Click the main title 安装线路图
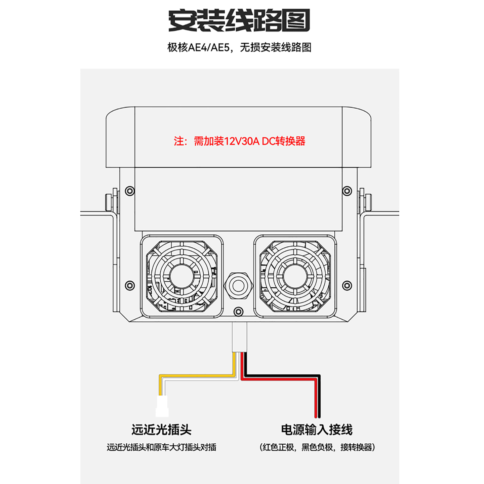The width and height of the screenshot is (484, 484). tap(239, 21)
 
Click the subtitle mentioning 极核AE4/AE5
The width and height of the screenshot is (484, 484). tap(239, 47)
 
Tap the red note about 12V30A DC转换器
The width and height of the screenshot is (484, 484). tap(239, 141)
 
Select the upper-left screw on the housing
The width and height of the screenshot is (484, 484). tap(130, 191)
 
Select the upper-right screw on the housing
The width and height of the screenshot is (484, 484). tap(347, 191)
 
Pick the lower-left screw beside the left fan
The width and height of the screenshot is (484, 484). tap(130, 286)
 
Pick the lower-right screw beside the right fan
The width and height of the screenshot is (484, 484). tap(347, 286)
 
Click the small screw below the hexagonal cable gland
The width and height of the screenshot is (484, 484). tap(238, 312)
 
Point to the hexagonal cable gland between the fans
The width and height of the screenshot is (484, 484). tap(238, 286)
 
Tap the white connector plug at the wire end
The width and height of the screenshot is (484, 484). tap(162, 406)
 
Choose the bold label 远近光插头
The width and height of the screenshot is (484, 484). tap(161, 430)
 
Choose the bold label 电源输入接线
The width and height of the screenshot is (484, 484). tap(317, 430)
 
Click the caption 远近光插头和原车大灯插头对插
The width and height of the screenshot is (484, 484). tap(161, 447)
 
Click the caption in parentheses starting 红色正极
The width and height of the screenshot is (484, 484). tap(317, 447)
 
